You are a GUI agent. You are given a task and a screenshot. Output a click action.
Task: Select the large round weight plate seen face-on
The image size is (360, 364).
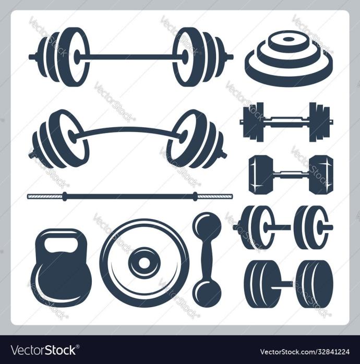pos(145,263)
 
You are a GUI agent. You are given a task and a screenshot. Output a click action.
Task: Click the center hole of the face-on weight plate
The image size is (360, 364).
pos(145,263)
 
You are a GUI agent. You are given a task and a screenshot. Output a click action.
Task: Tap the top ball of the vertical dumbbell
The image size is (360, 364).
pos(207,225)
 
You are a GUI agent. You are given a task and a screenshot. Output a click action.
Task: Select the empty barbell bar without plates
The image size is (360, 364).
pos(130,197)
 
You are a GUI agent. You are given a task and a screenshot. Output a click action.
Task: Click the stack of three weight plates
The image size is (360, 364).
pos(289,59)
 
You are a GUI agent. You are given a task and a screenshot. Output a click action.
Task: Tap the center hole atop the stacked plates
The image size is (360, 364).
pos(288,39)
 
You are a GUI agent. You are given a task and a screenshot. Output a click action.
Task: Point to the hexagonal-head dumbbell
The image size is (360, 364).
pos(291,174)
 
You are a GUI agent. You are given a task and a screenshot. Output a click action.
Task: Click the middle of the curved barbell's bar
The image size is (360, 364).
pos(127,129)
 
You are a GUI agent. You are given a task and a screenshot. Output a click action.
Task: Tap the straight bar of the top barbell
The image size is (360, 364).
pos(131,56)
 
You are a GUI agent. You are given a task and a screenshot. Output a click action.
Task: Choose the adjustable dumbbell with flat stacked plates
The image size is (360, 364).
pos(286,122)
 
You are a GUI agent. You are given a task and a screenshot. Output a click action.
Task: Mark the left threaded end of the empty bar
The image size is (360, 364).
pos(45,197)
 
